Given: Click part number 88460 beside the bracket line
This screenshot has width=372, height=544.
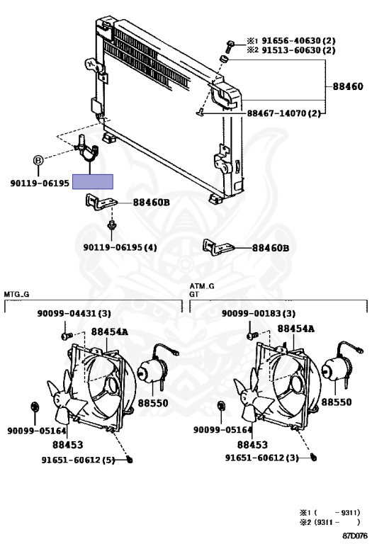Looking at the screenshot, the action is [348, 86].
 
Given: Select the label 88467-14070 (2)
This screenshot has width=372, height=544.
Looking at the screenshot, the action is [284, 113].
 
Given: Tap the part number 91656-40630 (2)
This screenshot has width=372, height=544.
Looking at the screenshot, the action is [298, 40].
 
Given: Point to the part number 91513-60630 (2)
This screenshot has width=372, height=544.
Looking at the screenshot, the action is [298, 50].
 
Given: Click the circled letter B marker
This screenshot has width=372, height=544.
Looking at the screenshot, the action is [38, 160].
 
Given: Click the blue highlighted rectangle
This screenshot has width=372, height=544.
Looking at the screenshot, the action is [93, 182].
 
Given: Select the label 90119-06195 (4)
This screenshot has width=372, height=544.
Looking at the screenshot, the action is [120, 247].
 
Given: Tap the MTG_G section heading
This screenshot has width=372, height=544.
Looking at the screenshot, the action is [17, 295].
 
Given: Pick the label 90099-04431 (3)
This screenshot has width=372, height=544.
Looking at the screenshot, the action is [74, 313].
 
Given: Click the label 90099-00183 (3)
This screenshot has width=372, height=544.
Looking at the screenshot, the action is [259, 313].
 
